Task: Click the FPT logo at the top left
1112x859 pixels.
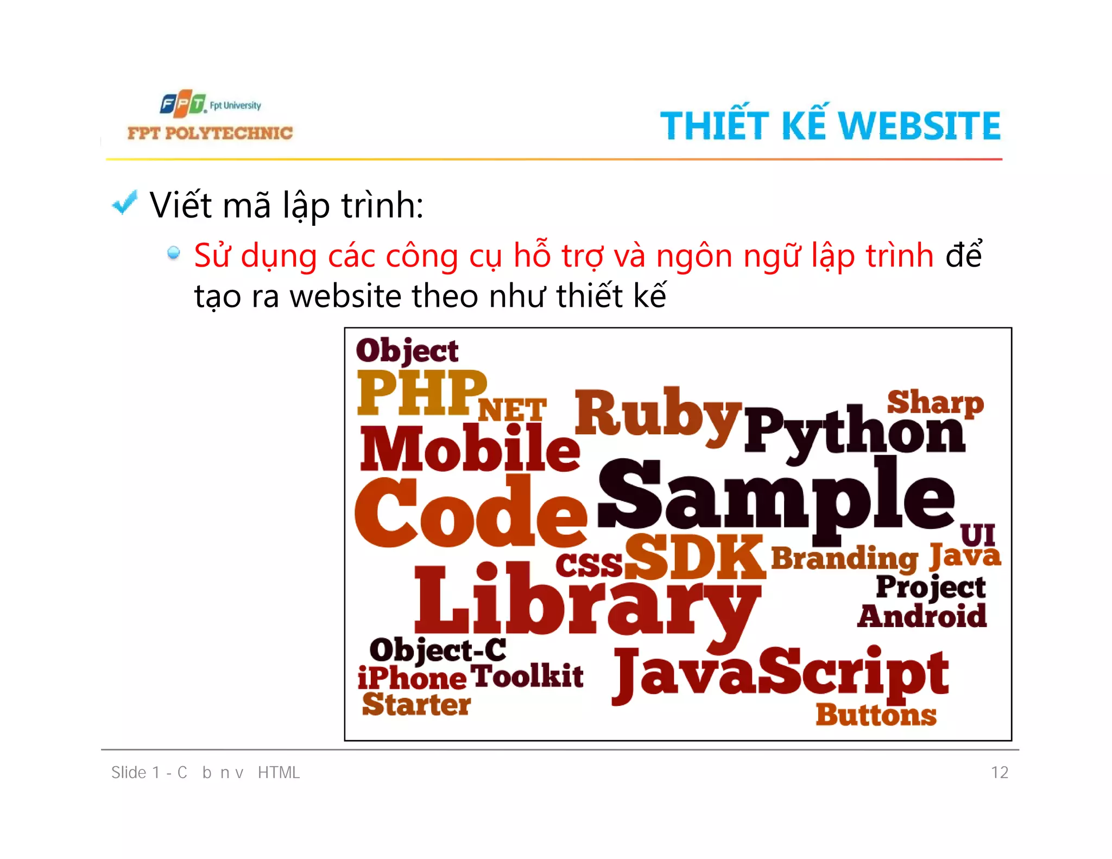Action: (x=183, y=104)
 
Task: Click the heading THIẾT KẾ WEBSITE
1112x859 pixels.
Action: (x=830, y=125)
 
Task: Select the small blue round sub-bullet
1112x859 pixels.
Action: (x=174, y=252)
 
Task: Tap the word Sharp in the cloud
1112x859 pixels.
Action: (x=935, y=402)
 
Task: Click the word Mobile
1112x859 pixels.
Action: (x=470, y=449)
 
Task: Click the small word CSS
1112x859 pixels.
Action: (x=589, y=565)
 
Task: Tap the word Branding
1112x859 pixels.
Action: (x=844, y=558)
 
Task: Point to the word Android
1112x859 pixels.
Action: (x=921, y=616)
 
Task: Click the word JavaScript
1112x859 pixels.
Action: (x=780, y=675)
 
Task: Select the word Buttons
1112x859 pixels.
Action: (x=876, y=715)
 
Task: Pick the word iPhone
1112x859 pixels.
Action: (x=412, y=678)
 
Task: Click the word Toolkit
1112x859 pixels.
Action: (x=527, y=676)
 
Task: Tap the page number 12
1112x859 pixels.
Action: (x=999, y=772)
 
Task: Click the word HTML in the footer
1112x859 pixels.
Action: (x=279, y=772)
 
